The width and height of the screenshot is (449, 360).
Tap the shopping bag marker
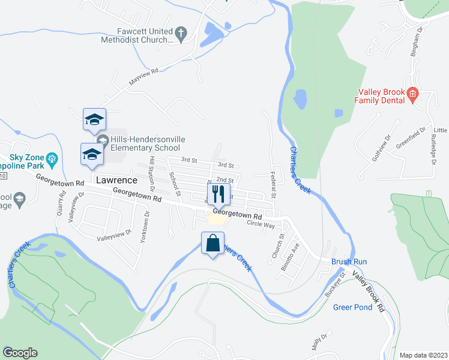pos(212,244)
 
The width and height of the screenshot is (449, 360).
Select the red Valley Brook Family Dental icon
pos(412,94)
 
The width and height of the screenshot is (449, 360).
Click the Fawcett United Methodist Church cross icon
pos(179,31)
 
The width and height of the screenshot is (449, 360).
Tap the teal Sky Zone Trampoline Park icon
pos(52,158)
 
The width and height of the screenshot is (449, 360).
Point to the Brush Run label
pos(349,262)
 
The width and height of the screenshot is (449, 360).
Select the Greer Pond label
pos(352,307)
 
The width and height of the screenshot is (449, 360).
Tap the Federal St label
pos(273,187)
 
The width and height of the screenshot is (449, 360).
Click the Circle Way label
pos(260,225)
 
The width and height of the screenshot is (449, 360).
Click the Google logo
pos(20,352)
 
